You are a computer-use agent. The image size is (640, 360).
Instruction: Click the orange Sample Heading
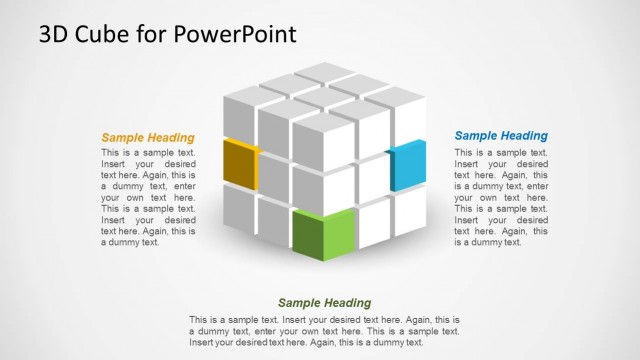(148, 138)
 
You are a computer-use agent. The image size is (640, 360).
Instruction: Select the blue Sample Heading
(501, 136)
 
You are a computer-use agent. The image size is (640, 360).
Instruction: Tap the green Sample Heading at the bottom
(325, 303)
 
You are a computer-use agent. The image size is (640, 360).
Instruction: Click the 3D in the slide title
(53, 35)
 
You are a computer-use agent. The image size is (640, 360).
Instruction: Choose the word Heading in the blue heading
(523, 136)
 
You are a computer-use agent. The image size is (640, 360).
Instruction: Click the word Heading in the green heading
(348, 303)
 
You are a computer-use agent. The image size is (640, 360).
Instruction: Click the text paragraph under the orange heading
(148, 197)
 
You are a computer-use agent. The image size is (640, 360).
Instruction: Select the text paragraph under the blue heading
(501, 197)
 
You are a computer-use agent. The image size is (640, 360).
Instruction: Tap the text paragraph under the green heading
(325, 330)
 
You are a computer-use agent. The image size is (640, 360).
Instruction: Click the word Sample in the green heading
(300, 303)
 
